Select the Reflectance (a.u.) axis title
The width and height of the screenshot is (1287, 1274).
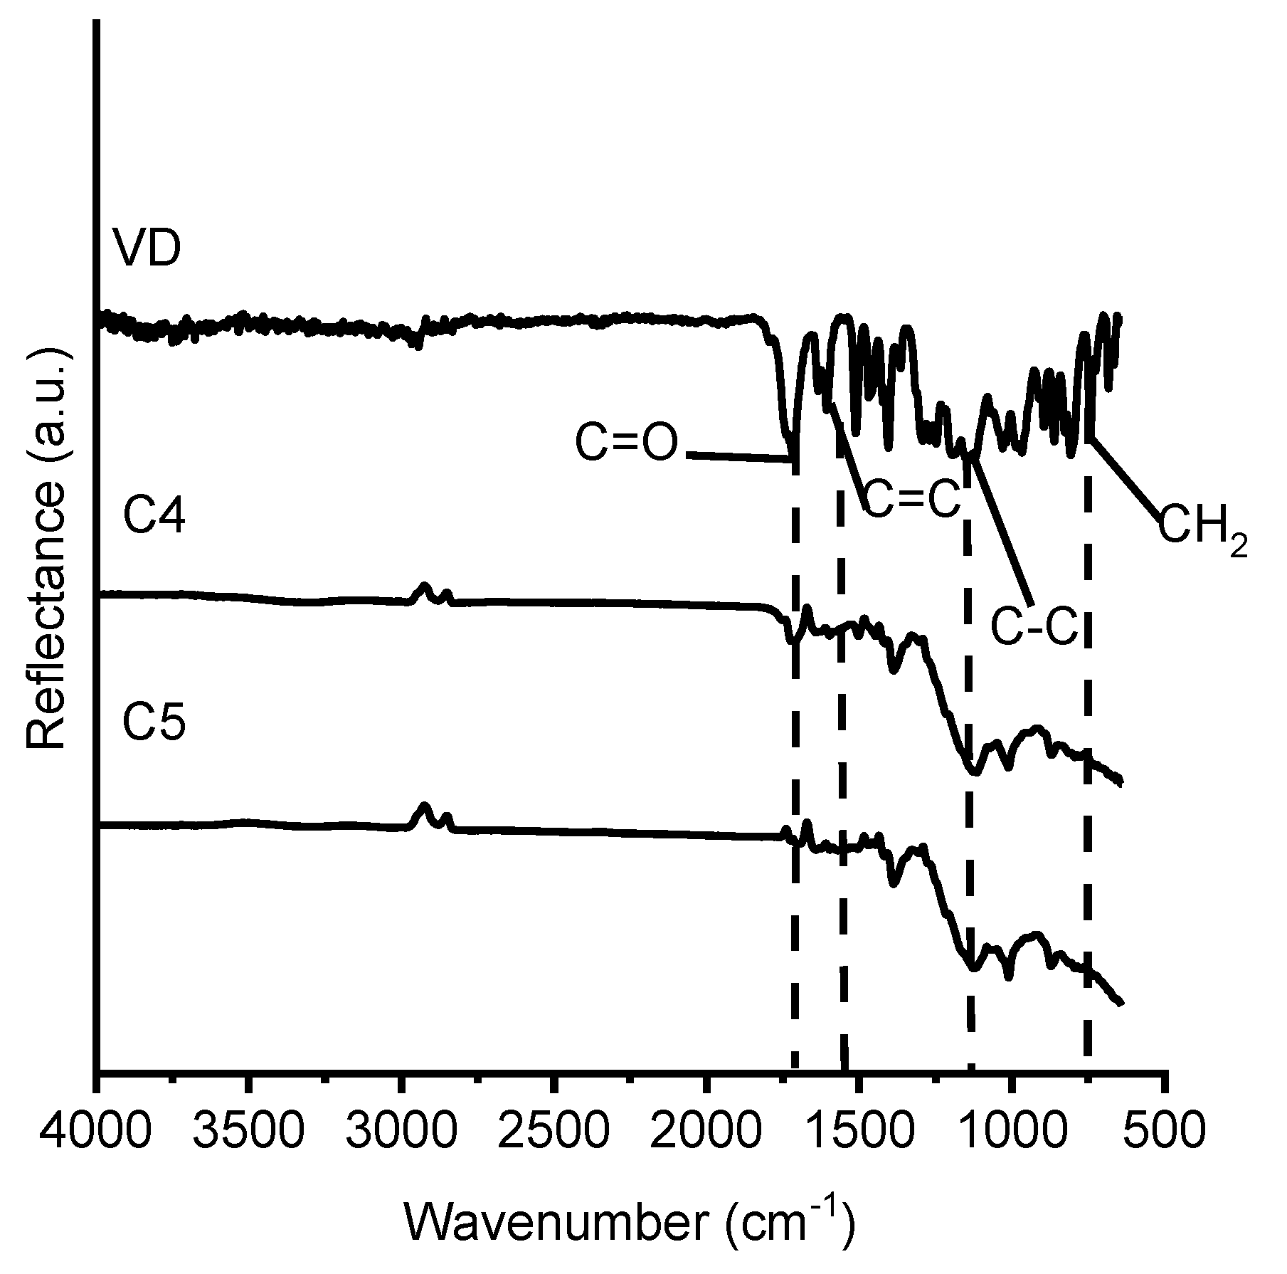46,548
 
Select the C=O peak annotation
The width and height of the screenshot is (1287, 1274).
626,443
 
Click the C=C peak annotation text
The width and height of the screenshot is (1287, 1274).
912,500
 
